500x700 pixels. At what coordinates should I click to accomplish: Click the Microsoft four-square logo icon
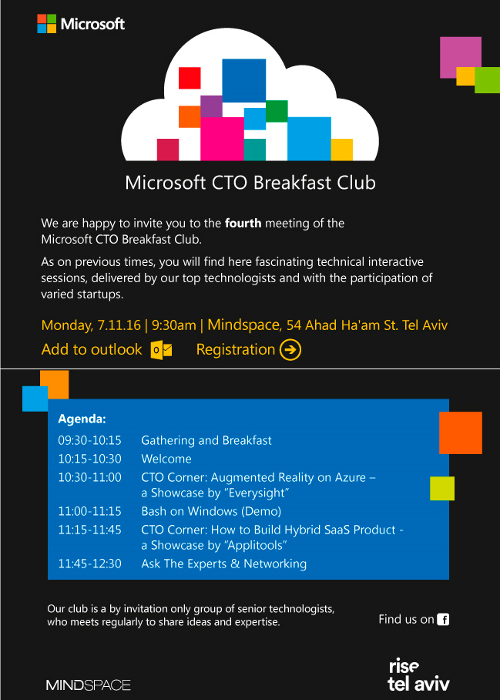pyautogui.click(x=47, y=24)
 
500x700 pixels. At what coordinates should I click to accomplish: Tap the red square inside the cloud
pyautogui.click(x=190, y=78)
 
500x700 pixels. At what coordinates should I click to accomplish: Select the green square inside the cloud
pyautogui.click(x=277, y=111)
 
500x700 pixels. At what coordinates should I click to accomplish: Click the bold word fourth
pyautogui.click(x=243, y=223)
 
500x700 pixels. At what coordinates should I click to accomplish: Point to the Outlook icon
pyautogui.click(x=161, y=349)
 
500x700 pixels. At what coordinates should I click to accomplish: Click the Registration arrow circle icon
pyautogui.click(x=290, y=349)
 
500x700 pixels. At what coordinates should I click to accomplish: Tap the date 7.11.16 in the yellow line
pyautogui.click(x=119, y=325)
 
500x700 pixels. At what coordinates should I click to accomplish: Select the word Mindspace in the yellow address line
pyautogui.click(x=244, y=325)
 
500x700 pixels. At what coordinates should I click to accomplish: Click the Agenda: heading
pyautogui.click(x=82, y=419)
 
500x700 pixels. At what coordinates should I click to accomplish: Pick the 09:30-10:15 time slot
pyautogui.click(x=89, y=440)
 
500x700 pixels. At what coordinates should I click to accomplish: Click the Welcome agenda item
pyautogui.click(x=166, y=459)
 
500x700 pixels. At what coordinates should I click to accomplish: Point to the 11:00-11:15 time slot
pyautogui.click(x=89, y=511)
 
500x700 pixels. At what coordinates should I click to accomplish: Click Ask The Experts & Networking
pyautogui.click(x=224, y=564)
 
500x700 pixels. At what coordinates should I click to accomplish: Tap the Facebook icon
pyautogui.click(x=443, y=619)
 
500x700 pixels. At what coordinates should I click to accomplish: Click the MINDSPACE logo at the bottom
pyautogui.click(x=89, y=685)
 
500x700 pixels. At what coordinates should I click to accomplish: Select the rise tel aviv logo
pyautogui.click(x=418, y=675)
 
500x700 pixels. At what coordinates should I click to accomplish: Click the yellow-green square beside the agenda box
pyautogui.click(x=442, y=489)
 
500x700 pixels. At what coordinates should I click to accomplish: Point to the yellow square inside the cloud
pyautogui.click(x=341, y=150)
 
